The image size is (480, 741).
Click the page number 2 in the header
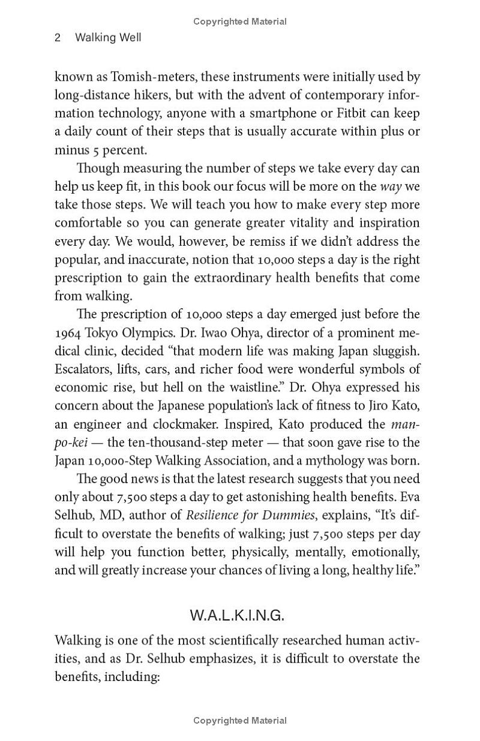pyautogui.click(x=58, y=38)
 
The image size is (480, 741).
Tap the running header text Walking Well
pyautogui.click(x=108, y=38)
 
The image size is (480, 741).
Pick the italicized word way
pyautogui.click(x=391, y=186)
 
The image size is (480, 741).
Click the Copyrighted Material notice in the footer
pyautogui.click(x=240, y=721)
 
